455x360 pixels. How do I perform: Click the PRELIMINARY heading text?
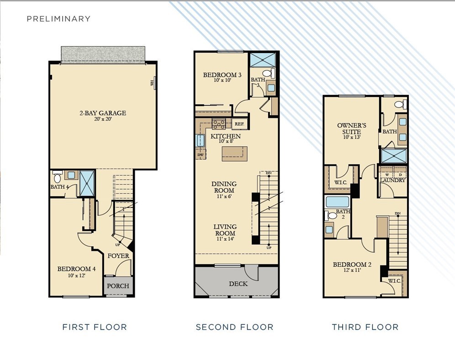[x=58, y=19]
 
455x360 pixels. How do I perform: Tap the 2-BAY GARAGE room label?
[x=103, y=113]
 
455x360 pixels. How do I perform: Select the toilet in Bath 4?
[x=58, y=176]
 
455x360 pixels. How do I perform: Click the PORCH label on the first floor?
[x=118, y=286]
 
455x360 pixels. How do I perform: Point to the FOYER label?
[x=118, y=256]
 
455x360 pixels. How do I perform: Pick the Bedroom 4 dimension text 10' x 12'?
[x=76, y=275]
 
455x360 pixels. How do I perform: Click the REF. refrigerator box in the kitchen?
[x=239, y=124]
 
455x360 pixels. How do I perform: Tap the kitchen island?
[x=234, y=154]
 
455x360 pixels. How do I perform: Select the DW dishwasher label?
[x=200, y=155]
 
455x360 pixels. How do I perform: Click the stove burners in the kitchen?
[x=219, y=124]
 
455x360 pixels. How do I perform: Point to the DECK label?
[x=238, y=284]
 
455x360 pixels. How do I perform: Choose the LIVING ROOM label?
[x=225, y=230]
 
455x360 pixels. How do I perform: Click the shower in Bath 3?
[x=264, y=60]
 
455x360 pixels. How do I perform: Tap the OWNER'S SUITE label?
[x=352, y=128]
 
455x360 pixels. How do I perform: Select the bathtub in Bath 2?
[x=337, y=202]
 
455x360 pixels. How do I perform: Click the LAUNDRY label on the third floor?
[x=392, y=180]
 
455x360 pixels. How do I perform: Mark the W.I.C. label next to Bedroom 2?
[x=394, y=281]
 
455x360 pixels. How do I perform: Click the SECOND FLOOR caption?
[x=234, y=327]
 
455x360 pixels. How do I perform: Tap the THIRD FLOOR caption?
[x=365, y=327]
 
